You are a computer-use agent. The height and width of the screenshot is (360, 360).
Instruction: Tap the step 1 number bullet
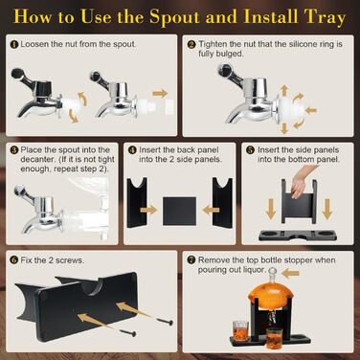click(x=14, y=44)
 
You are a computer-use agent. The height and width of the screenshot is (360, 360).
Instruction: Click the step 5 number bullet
click(x=251, y=149)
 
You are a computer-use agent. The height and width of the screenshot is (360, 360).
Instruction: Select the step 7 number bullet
click(x=191, y=260)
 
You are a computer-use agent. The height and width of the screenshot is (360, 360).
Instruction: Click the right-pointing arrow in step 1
click(x=160, y=94)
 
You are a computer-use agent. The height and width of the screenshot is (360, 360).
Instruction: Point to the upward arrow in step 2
click(x=284, y=90)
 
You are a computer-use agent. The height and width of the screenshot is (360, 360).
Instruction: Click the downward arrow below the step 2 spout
click(x=284, y=128)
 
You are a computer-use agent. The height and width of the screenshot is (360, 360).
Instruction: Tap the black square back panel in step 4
click(x=179, y=211)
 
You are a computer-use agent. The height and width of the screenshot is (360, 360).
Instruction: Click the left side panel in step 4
click(x=137, y=203)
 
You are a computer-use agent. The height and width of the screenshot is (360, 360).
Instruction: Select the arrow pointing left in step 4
click(x=211, y=210)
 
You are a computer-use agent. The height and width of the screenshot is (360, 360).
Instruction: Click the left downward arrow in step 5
click(x=271, y=210)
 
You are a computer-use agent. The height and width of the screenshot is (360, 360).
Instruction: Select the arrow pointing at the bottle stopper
click(x=291, y=273)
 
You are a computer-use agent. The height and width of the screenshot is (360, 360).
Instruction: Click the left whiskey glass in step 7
click(x=240, y=329)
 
